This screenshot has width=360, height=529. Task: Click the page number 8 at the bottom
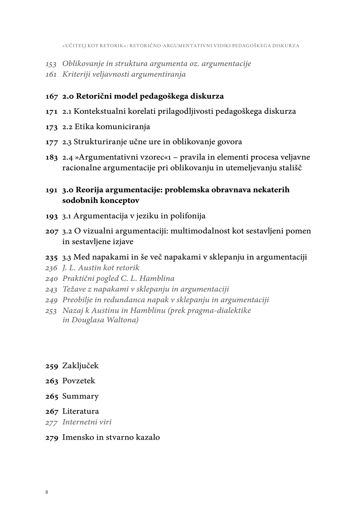47,492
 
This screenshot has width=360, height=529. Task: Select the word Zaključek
80,366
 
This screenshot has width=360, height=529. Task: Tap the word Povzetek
79,381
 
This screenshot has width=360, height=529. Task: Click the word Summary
80,396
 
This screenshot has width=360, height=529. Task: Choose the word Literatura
80,411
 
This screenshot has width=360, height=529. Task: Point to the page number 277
51,422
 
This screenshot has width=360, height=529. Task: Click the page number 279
52,437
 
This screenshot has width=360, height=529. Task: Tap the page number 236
51,268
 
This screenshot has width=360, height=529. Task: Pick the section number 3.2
67,231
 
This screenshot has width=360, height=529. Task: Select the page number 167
52,96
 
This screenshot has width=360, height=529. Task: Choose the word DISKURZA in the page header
286,46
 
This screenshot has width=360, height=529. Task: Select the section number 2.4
67,157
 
